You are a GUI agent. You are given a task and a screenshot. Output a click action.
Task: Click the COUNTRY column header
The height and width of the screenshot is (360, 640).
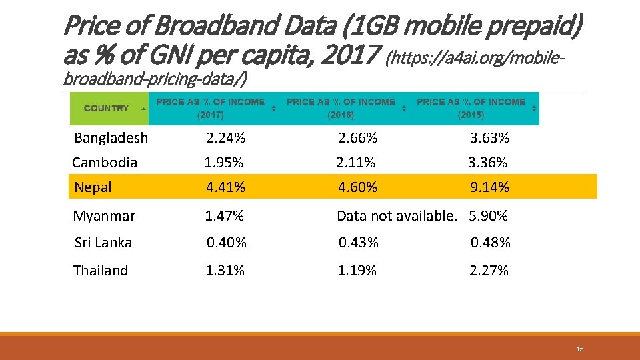[x=107, y=108]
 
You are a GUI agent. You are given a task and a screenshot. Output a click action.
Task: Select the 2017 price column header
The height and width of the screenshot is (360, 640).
[x=210, y=108]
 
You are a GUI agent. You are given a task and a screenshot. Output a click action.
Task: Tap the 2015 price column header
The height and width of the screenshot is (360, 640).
[x=471, y=108]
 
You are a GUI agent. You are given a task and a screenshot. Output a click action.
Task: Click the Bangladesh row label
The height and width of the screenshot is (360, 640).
[x=111, y=138]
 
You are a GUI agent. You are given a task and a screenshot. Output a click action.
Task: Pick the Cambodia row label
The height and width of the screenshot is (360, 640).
[x=105, y=162]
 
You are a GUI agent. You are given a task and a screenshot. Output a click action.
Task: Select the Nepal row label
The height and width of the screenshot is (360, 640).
[x=93, y=187]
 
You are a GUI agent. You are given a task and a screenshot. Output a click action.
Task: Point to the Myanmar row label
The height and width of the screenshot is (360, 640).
[x=104, y=216]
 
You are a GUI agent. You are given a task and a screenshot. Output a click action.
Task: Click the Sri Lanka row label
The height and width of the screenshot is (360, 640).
[x=103, y=243]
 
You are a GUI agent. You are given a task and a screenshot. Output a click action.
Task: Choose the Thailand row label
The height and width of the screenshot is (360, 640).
[x=101, y=270]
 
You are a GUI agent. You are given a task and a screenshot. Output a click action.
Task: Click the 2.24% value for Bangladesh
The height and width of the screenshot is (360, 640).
[x=225, y=138]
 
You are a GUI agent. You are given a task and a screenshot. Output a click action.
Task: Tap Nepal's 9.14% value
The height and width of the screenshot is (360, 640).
[x=489, y=187]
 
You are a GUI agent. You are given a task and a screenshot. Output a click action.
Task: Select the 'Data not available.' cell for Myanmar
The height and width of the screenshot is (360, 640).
[x=397, y=216]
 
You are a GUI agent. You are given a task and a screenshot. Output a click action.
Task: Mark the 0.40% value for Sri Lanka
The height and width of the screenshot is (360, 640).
[x=226, y=243]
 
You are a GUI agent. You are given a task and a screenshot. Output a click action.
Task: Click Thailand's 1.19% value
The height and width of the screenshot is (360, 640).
[x=357, y=270]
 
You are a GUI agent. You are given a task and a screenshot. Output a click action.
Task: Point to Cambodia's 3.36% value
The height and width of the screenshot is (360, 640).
[x=487, y=162]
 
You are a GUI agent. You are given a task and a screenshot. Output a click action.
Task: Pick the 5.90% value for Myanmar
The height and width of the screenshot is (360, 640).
[x=489, y=216]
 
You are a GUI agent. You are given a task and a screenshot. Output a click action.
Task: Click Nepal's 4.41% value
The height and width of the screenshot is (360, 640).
[x=225, y=187]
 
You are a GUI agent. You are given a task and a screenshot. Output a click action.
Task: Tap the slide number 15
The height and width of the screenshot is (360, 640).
[x=580, y=349]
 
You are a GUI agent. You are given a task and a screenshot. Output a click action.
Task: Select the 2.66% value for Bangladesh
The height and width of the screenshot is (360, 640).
[x=357, y=138]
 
